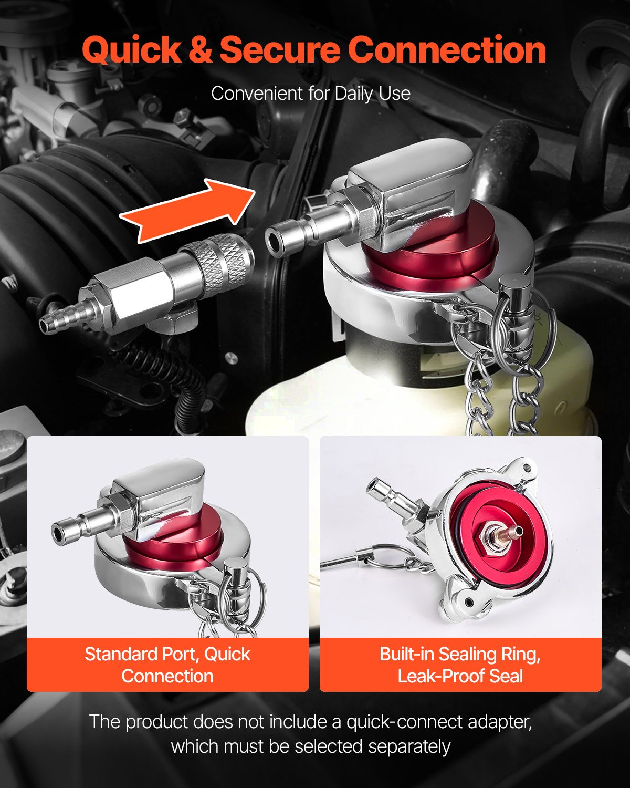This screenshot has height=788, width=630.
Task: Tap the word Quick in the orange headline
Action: pos(131,50)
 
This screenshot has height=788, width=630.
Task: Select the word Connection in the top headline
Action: pos(446,50)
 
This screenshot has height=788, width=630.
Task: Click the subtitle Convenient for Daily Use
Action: pos(311,94)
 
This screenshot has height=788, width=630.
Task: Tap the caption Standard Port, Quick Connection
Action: pos(167,665)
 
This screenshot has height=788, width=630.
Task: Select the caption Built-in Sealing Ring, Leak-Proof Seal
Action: pos(460,665)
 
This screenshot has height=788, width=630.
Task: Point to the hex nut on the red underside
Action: pos(496,541)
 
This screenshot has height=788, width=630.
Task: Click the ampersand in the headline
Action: pos(199,50)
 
